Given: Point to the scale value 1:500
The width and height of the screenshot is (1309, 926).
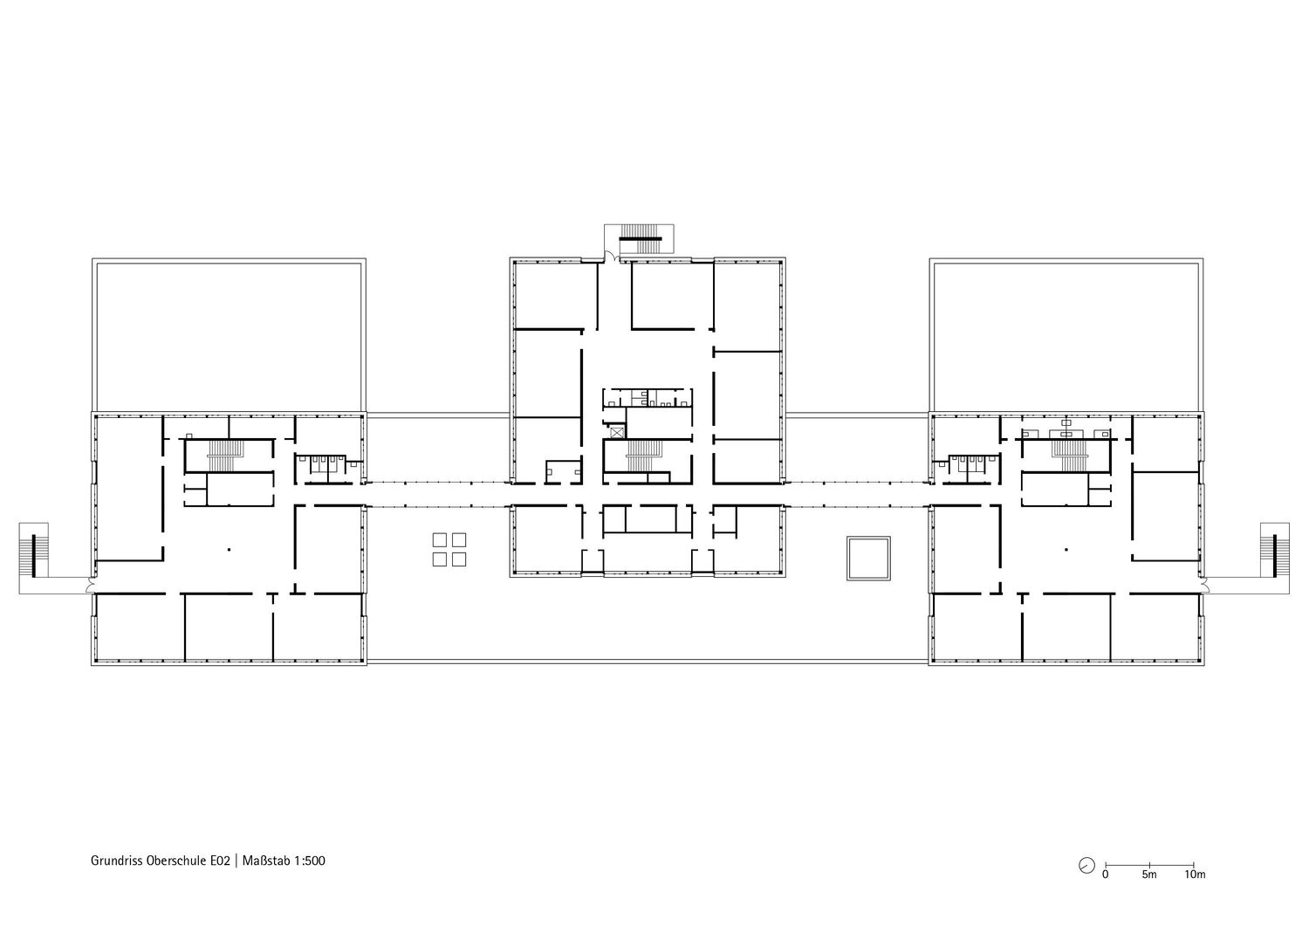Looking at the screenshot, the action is point(310,861).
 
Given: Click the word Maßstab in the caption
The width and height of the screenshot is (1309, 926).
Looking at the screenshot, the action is point(266,861).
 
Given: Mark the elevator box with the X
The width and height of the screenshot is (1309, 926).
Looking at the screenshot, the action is point(617,433).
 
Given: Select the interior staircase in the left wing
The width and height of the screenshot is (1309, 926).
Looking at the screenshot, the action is point(220,456).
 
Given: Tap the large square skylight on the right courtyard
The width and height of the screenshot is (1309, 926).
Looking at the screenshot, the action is point(868,558).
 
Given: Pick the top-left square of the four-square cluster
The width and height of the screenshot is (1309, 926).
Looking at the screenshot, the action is point(440,539).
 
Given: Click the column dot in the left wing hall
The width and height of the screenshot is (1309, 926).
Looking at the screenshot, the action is point(229,549).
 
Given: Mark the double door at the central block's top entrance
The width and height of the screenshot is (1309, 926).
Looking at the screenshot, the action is point(612,256).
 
